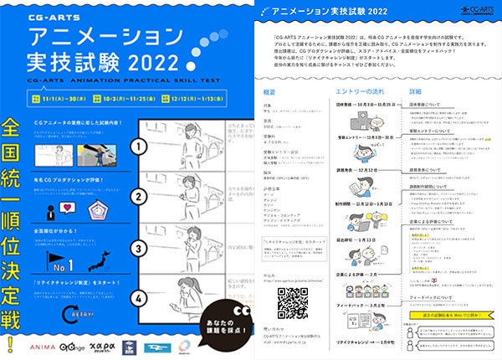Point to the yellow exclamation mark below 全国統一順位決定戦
[x=12, y=342]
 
